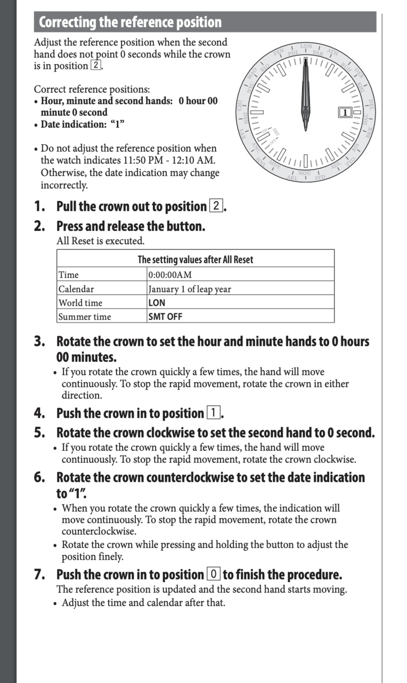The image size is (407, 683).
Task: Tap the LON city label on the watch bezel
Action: click(x=306, y=46)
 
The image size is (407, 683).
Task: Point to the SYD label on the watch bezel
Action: click(x=320, y=177)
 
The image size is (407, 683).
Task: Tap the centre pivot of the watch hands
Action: click(x=306, y=113)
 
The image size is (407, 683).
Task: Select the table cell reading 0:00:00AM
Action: click(x=170, y=275)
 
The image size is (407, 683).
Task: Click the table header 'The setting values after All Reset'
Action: click(x=196, y=260)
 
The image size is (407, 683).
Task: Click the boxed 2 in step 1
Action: click(x=216, y=206)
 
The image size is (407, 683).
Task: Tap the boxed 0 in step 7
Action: click(x=213, y=575)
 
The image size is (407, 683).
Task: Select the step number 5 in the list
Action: click(x=39, y=433)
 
